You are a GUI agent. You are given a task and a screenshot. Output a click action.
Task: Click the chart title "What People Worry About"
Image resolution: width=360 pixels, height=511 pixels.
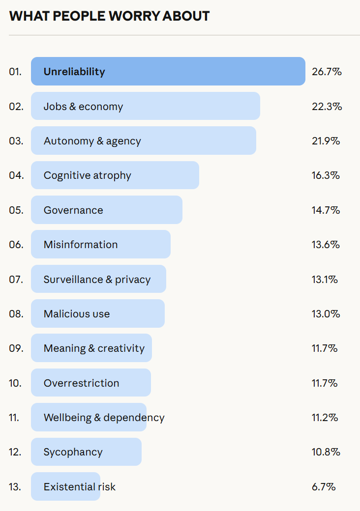(109, 16)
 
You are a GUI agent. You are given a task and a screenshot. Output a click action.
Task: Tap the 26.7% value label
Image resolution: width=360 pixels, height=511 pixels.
(327, 72)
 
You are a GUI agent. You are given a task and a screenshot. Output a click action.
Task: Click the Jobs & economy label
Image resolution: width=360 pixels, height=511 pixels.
(83, 107)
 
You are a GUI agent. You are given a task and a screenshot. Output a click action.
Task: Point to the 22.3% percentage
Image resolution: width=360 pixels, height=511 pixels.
(327, 107)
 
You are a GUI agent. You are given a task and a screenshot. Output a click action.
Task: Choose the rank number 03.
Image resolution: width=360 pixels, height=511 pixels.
(16, 141)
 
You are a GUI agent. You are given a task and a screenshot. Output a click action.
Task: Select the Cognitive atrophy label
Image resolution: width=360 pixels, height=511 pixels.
(87, 175)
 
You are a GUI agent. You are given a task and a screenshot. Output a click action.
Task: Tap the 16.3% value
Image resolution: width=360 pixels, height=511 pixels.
(326, 175)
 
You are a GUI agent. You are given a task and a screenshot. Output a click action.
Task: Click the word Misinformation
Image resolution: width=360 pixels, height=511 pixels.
(81, 245)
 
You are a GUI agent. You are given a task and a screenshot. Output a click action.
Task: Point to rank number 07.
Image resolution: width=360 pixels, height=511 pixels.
(16, 280)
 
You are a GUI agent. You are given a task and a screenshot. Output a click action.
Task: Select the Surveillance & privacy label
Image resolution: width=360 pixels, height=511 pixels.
(97, 280)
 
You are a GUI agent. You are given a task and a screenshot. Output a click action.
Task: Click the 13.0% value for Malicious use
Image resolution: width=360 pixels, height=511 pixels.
(326, 314)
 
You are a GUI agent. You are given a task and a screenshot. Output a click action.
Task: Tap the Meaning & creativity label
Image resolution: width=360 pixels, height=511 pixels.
(94, 348)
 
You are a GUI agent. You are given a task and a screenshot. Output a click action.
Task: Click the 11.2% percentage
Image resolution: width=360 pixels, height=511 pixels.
(325, 418)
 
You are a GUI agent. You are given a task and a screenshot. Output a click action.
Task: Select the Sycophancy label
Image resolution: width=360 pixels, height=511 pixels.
(73, 452)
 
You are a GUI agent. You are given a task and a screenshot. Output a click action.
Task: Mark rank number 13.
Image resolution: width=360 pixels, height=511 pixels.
(15, 487)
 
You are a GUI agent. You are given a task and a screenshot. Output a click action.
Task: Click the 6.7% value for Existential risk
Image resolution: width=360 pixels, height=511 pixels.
(324, 487)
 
